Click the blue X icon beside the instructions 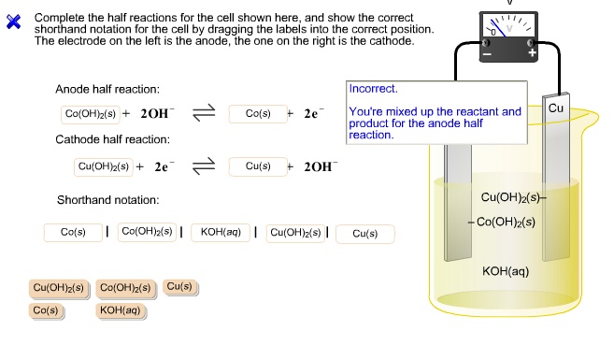(x=13, y=23)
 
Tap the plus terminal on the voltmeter (x=533, y=53)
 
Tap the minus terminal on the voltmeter (x=485, y=53)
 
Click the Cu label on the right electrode (x=556, y=108)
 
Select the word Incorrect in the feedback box (x=373, y=89)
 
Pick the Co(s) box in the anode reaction (x=257, y=113)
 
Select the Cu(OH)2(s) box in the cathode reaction (x=104, y=166)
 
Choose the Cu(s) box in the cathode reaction (x=258, y=166)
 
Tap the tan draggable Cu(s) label (x=179, y=287)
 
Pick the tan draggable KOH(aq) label (x=120, y=310)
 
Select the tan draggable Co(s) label (x=45, y=310)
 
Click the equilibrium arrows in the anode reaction (x=204, y=113)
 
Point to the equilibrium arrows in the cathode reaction (x=204, y=166)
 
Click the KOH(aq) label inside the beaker (x=505, y=271)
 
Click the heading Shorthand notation (x=107, y=200)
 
